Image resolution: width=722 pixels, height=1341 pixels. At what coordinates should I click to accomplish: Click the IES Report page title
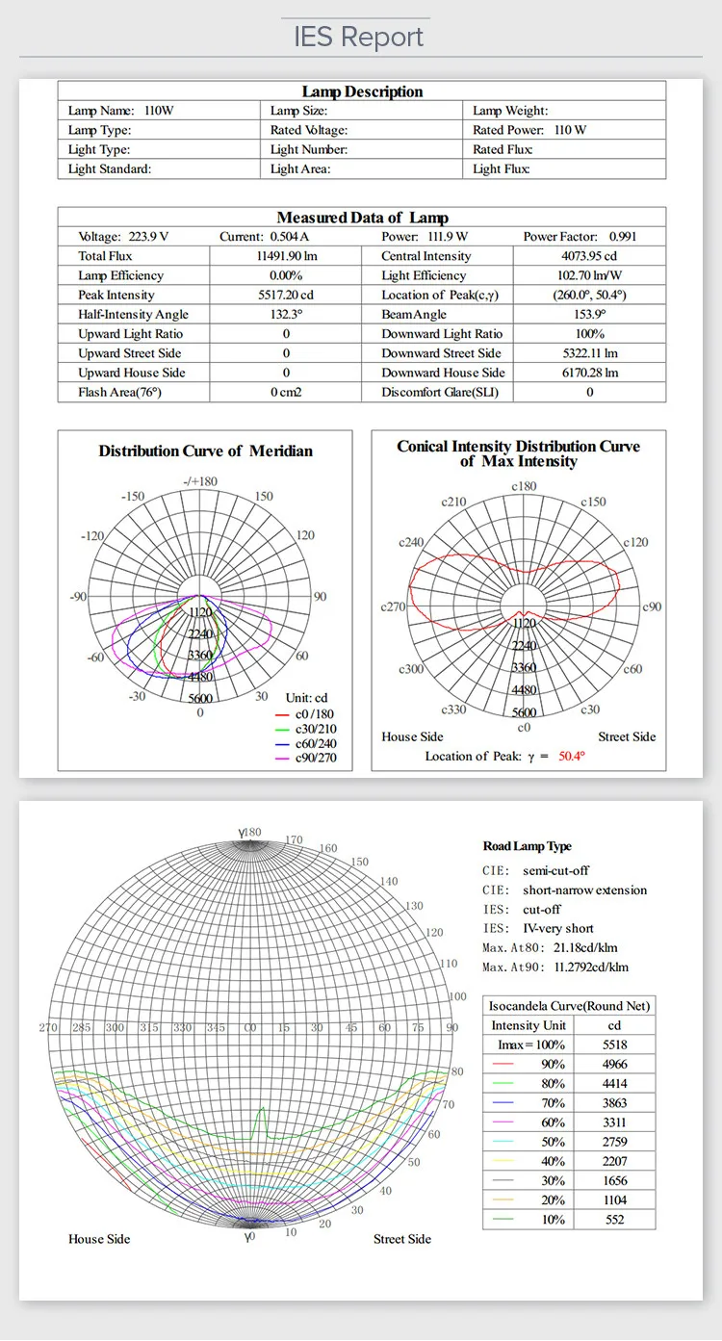359,38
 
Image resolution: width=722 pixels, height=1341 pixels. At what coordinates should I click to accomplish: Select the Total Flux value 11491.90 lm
286,256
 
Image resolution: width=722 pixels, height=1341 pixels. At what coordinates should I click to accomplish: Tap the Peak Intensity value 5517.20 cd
286,295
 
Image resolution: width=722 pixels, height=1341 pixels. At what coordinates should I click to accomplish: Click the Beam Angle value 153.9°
589,315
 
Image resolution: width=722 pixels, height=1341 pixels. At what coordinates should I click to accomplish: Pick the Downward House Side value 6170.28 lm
589,373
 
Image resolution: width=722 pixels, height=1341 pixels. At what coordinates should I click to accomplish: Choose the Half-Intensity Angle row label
133,315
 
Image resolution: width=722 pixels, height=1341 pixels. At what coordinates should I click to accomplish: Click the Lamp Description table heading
362,91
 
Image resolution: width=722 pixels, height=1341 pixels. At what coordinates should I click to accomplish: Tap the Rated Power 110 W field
529,130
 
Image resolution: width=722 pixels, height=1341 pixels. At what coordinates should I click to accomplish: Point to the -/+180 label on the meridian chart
199,481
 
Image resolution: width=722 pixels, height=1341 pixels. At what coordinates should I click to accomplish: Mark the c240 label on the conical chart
412,542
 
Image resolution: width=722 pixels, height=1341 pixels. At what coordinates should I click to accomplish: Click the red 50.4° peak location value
572,757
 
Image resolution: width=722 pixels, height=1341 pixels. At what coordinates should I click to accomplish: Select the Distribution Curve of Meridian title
205,451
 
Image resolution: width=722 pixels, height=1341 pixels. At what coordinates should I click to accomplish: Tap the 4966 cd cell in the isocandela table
614,1064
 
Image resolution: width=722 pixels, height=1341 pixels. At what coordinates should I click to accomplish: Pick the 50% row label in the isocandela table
554,1142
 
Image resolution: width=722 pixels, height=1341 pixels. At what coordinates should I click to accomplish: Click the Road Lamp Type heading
527,846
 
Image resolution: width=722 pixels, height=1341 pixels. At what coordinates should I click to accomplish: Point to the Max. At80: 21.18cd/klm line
550,948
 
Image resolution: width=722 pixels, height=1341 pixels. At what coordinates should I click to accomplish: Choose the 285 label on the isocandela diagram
81,1028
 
